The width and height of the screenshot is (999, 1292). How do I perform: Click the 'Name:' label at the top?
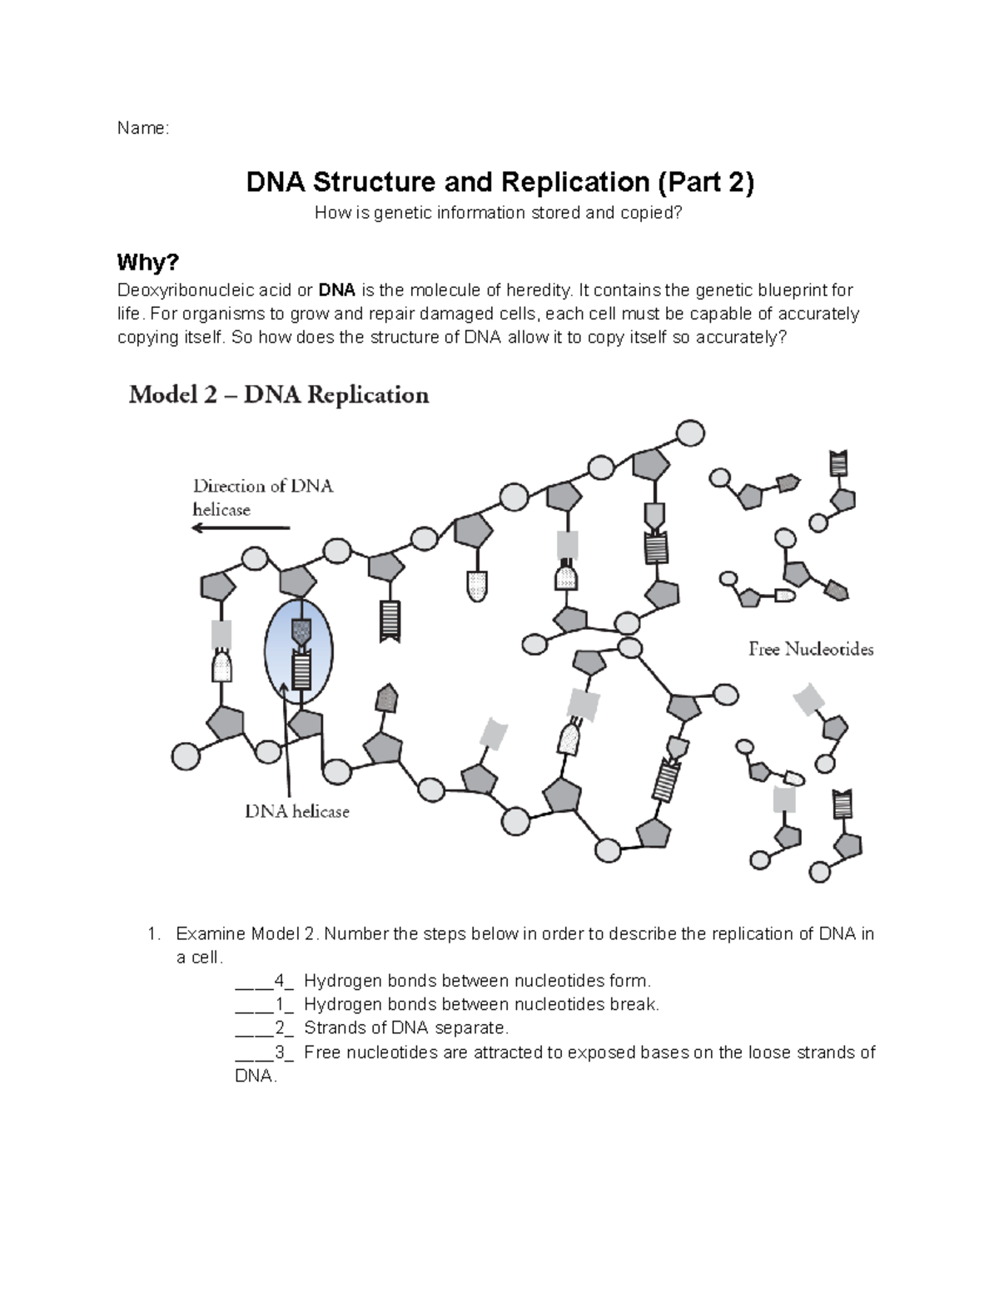[x=142, y=128]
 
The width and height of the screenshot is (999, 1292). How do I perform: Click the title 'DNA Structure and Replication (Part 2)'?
[x=499, y=182]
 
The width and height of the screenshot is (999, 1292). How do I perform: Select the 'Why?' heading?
[x=147, y=263]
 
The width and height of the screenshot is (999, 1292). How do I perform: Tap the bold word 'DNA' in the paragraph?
[x=337, y=290]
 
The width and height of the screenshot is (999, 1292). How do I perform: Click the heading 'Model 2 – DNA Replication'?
[x=279, y=394]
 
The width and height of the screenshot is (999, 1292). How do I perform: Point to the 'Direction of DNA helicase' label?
[x=262, y=497]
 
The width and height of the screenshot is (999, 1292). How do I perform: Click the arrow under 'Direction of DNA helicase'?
[x=241, y=528]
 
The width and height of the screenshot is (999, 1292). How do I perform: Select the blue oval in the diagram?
[x=298, y=651]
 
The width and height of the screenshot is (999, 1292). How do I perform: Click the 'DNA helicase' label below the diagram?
[x=296, y=811]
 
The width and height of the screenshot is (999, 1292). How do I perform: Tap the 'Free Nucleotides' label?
[x=810, y=649]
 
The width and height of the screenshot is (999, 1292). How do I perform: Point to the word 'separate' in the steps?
[x=473, y=1027]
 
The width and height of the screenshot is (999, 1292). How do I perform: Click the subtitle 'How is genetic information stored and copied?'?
[x=498, y=214]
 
